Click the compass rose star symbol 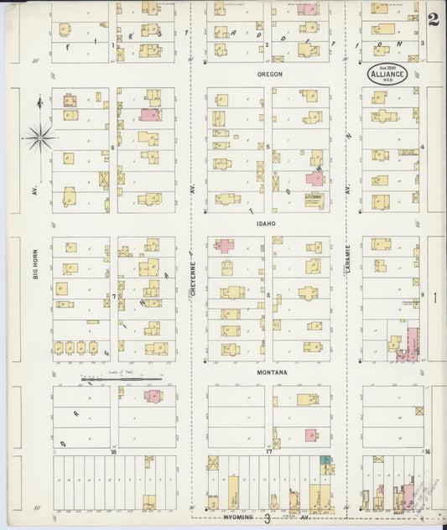coord(39,135)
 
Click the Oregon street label coord(269,74)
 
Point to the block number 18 coord(112,452)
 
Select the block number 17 coord(269,452)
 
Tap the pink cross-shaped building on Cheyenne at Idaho coord(224,246)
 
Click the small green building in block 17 coord(325,460)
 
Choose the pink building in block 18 coord(153,396)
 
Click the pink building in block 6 coord(149,115)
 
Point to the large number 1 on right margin coord(434,297)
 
